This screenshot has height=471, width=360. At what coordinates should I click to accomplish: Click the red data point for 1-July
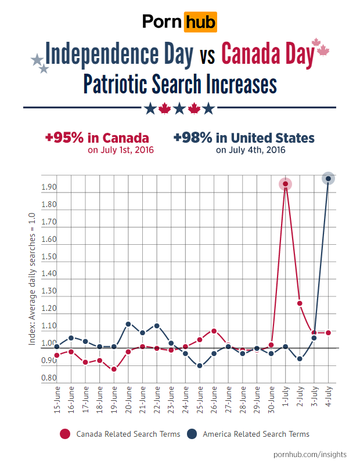coord(285,184)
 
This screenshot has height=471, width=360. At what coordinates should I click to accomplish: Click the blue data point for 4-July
coord(329,179)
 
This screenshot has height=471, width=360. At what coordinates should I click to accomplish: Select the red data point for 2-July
coord(300,303)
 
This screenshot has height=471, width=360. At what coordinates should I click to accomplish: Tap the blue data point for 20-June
coord(128,324)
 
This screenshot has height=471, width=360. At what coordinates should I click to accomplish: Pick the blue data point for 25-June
coord(200,366)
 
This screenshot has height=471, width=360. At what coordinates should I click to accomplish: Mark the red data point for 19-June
coord(114,369)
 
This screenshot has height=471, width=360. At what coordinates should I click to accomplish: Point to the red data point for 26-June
coord(214,331)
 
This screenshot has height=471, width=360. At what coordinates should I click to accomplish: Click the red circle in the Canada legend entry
coord(66,434)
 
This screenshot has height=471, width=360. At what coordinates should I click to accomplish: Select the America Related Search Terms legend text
coord(256,434)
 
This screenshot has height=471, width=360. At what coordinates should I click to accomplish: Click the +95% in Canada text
coord(97,138)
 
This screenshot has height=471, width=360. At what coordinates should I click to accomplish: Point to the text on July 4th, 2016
coord(250,150)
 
